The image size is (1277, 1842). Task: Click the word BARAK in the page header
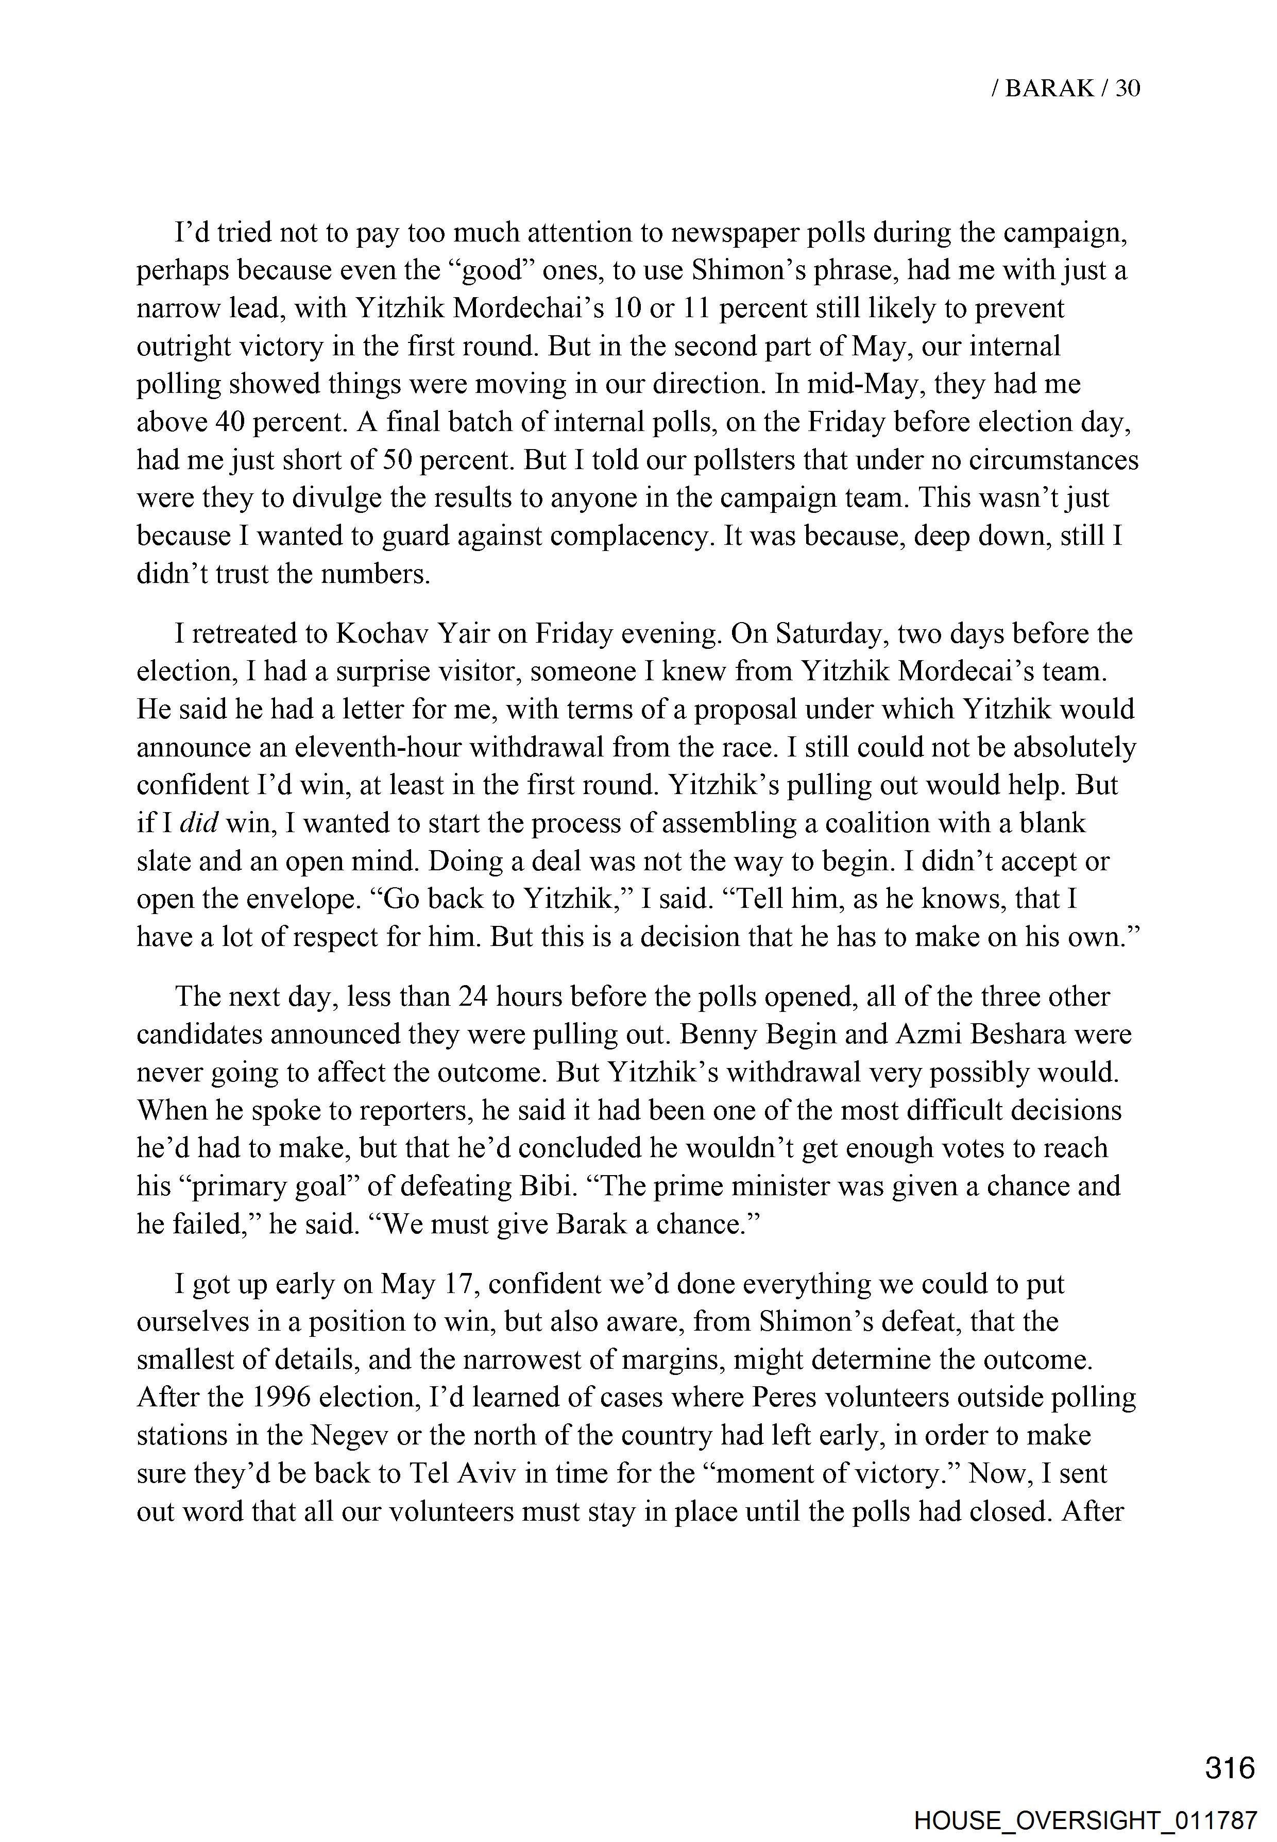tap(1050, 88)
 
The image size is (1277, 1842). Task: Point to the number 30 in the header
tap(1128, 88)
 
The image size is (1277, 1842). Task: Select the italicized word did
tap(200, 823)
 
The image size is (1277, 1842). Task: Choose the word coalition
tap(867, 823)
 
